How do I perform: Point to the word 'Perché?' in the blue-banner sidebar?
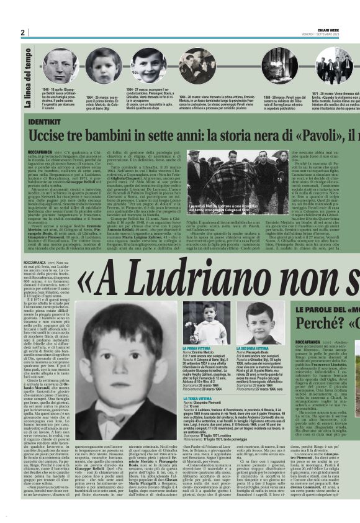[x=317, y=324]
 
